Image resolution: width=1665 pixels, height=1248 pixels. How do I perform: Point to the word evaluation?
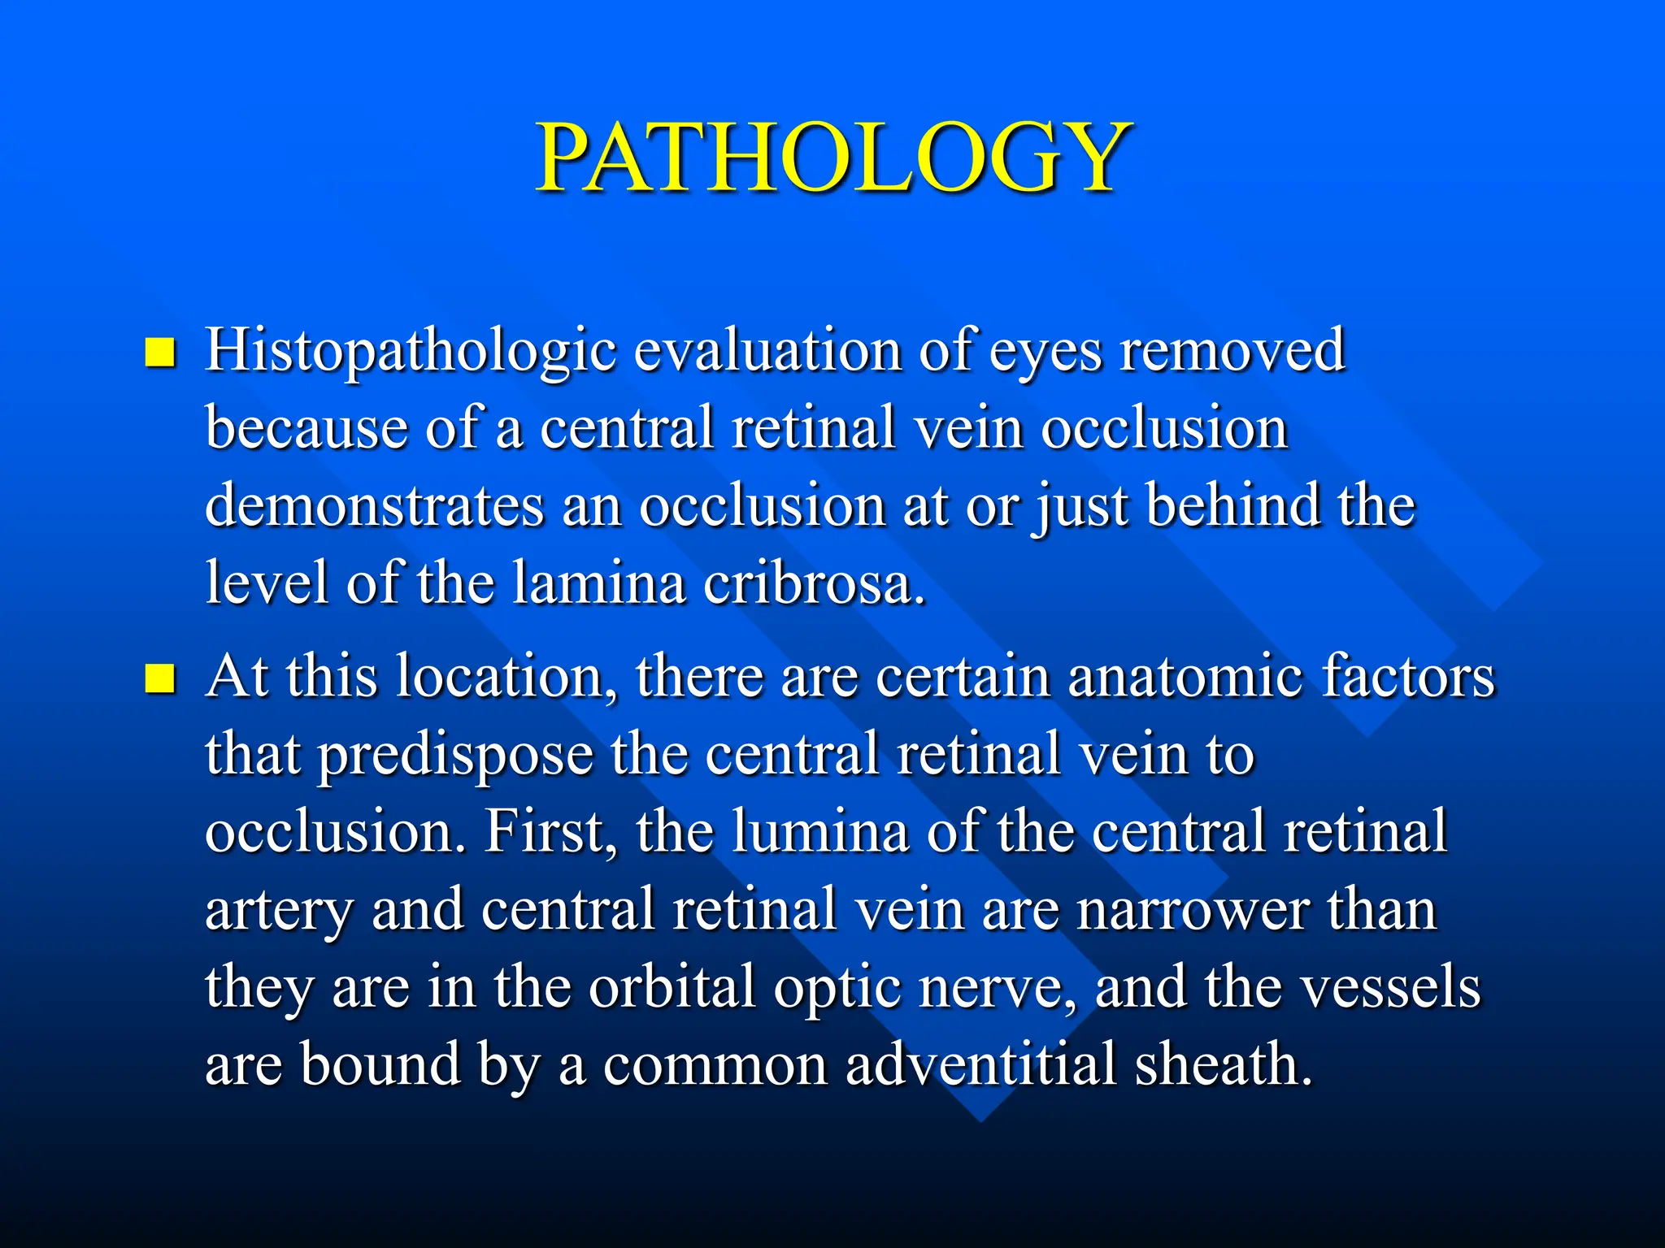pos(767,349)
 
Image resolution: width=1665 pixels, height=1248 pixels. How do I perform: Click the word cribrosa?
pos(813,583)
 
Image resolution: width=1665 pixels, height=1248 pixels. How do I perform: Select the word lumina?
pos(819,830)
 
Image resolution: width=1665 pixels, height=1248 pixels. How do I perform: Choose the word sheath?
pos(1224,1064)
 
